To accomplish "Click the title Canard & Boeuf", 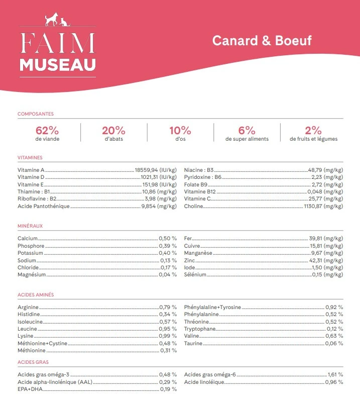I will tap(262, 40).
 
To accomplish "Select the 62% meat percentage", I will tap(47, 130).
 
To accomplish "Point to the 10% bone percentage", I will tap(180, 130).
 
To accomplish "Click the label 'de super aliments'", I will tap(247, 139).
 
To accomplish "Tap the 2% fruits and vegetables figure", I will tap(313, 130).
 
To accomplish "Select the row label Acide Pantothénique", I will tap(44, 206).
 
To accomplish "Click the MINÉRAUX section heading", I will tap(30, 226).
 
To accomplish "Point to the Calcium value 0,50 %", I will tap(168, 238).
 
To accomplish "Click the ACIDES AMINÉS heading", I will tap(36, 294).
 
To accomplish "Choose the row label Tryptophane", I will tap(200, 329).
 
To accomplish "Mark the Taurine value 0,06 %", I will tap(334, 343).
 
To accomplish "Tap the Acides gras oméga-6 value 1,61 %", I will tap(335, 374).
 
